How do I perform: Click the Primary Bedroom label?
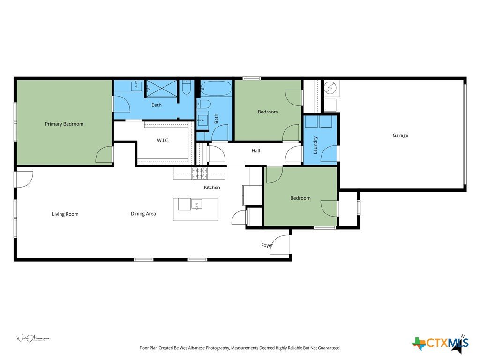pyautogui.click(x=64, y=124)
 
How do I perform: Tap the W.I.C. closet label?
pyautogui.click(x=163, y=141)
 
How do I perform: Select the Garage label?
pyautogui.click(x=400, y=135)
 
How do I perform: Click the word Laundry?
pyautogui.click(x=315, y=145)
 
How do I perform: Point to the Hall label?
pyautogui.click(x=255, y=150)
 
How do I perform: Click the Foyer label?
pyautogui.click(x=267, y=245)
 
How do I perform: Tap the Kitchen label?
pyautogui.click(x=212, y=187)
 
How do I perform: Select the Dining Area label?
pyautogui.click(x=143, y=214)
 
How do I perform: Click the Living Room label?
pyautogui.click(x=65, y=214)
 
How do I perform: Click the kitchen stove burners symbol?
pyautogui.click(x=199, y=173)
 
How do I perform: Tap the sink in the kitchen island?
pyautogui.click(x=196, y=204)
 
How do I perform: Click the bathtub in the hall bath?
pyautogui.click(x=217, y=89)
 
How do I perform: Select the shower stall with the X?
pyautogui.click(x=162, y=89)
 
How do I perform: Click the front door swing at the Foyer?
pyautogui.click(x=280, y=245)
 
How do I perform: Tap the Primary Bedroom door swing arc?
pyautogui.click(x=104, y=155)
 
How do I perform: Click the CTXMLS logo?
pyautogui.click(x=441, y=344)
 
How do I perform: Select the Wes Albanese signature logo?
pyautogui.click(x=32, y=338)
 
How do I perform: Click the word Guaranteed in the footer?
pyautogui.click(x=329, y=348)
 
